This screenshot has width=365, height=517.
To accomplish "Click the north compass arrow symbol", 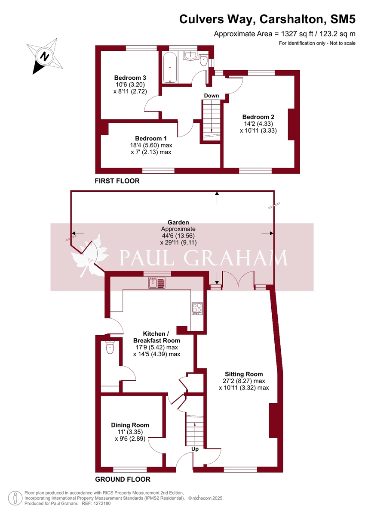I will point(44,56).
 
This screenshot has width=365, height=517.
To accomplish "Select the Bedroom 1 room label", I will point(150,138).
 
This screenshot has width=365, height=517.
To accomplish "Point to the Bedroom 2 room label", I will point(258,117).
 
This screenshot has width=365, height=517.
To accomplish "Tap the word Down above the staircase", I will point(212,96).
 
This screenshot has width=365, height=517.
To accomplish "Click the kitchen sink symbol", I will point(157,283).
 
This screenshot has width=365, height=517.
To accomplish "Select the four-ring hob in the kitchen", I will point(197,308).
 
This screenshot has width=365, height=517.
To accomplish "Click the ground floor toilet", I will point(110,347).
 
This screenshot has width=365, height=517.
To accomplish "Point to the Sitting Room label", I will point(244,374).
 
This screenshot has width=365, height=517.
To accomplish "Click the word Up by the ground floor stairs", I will point(195,449).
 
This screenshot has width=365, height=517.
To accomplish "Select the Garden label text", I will point(178,223).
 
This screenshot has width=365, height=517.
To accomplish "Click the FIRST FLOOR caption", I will point(117,181).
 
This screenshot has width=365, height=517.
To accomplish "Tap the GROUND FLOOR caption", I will point(123,479).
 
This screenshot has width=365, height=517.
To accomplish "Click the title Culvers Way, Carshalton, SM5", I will point(267,19).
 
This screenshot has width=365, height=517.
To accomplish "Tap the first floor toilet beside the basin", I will point(204,60).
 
